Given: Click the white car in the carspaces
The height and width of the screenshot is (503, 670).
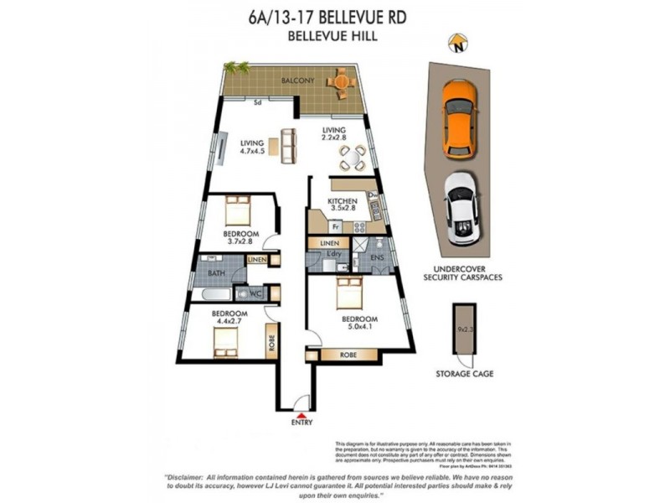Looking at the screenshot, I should tap(461, 209).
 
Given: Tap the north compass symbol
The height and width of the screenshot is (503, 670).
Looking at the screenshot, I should tap(457, 43).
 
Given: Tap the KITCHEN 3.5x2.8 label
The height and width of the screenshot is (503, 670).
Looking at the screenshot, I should tap(343, 206).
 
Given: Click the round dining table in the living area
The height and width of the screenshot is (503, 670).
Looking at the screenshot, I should tap(353, 157).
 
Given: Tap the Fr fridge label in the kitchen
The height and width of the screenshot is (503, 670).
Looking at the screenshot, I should tap(333, 226).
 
